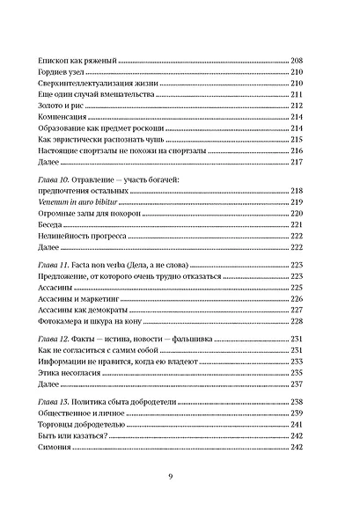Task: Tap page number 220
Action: (296, 213)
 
